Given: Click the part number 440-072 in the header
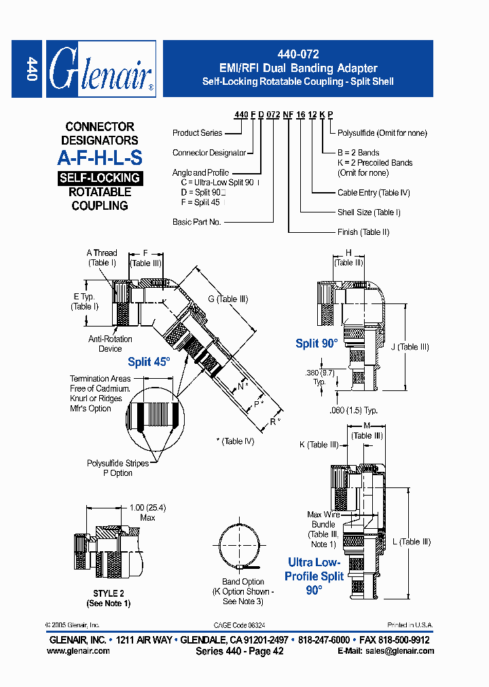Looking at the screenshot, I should (297, 54).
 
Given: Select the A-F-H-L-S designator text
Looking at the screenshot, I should (99, 158).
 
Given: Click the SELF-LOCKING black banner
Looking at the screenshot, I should (99, 179).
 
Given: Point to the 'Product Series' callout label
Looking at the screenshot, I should (197, 133).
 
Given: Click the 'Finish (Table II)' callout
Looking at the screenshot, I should (363, 232).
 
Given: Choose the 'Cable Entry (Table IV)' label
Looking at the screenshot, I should (374, 193).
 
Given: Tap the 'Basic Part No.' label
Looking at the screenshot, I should (197, 222).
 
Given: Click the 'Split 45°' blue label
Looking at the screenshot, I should (149, 362).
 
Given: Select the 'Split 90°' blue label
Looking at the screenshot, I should (316, 343).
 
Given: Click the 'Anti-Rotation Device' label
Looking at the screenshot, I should (110, 343).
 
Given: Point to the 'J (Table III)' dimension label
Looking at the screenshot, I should (410, 347).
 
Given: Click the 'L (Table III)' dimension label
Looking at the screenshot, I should (412, 541).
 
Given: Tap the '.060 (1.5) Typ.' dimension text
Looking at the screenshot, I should (354, 410).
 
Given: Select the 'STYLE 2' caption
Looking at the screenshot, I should (109, 593).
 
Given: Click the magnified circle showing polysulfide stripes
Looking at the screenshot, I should (153, 416).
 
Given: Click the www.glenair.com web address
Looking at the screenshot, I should (78, 650).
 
